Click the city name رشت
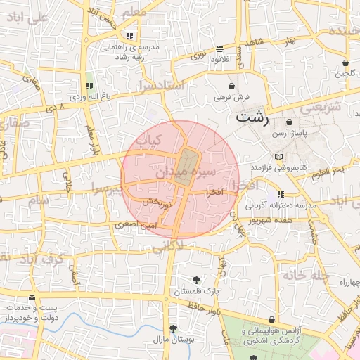point(252,117)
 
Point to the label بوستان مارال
point(172,339)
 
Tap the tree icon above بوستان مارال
point(172,328)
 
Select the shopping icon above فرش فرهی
point(231,85)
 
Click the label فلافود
point(220,59)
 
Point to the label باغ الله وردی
point(87,96)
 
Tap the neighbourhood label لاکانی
point(167,246)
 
